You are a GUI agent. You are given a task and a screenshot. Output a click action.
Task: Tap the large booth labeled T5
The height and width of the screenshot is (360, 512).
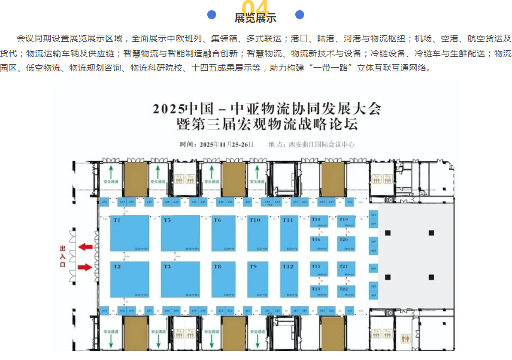pos(180,233)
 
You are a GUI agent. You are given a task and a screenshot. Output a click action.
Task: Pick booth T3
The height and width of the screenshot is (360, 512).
pos(180,280)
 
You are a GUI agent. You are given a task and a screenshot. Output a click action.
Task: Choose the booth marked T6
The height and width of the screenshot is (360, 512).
pos(225,233)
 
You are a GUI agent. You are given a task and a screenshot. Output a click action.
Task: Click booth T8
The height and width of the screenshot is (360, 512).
pos(225,280)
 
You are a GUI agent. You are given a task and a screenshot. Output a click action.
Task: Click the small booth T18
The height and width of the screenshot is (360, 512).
pos(319,223)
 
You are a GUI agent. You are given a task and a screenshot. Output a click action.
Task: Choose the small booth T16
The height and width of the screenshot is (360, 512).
pos(319,243)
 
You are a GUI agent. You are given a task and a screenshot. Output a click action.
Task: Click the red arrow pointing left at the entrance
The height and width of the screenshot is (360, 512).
pos(86,246)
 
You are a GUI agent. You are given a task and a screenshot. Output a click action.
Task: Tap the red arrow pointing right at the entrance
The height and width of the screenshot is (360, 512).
pos(86,267)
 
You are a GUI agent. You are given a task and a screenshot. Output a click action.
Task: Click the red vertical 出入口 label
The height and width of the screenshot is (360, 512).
pos(62,256)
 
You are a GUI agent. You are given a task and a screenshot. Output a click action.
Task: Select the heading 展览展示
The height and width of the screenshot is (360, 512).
pos(256,18)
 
